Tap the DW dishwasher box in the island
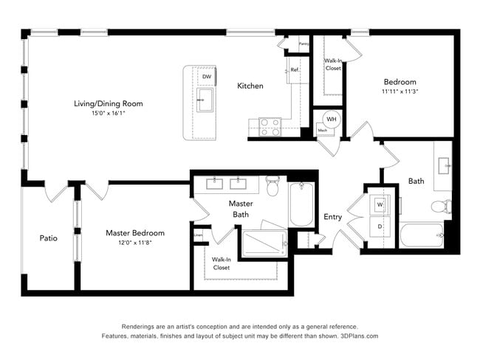(207, 77)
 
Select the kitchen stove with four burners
(270, 128)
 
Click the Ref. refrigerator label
(294, 70)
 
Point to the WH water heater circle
(332, 120)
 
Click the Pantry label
(304, 44)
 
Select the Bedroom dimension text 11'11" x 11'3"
(400, 92)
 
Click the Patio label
(49, 238)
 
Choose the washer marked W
(380, 204)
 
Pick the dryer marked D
(380, 226)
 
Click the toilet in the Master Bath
(272, 187)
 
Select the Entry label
(333, 217)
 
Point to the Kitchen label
(250, 86)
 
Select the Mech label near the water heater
(323, 131)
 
